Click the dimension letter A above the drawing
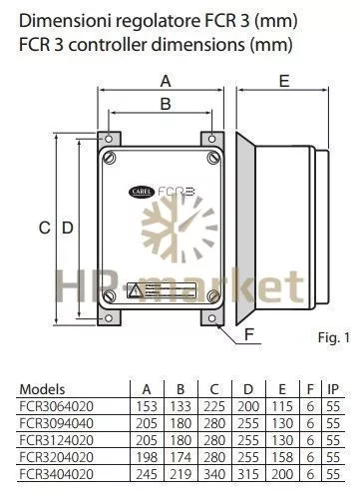(x=166, y=81)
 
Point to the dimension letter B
(x=166, y=104)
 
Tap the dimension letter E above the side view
(x=284, y=81)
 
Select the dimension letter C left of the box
(x=45, y=228)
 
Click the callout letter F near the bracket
(x=249, y=333)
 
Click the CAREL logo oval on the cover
(x=142, y=192)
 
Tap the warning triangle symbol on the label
(x=135, y=290)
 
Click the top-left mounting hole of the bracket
(x=109, y=139)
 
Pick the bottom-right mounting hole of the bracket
(x=211, y=318)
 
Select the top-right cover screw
(x=213, y=158)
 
